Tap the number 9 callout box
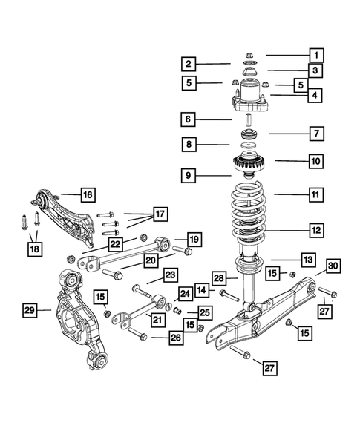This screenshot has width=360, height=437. [x=190, y=176]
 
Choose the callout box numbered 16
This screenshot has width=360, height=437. [x=87, y=195]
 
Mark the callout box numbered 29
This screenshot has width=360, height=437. [x=30, y=309]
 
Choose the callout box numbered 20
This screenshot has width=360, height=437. [x=152, y=260]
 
